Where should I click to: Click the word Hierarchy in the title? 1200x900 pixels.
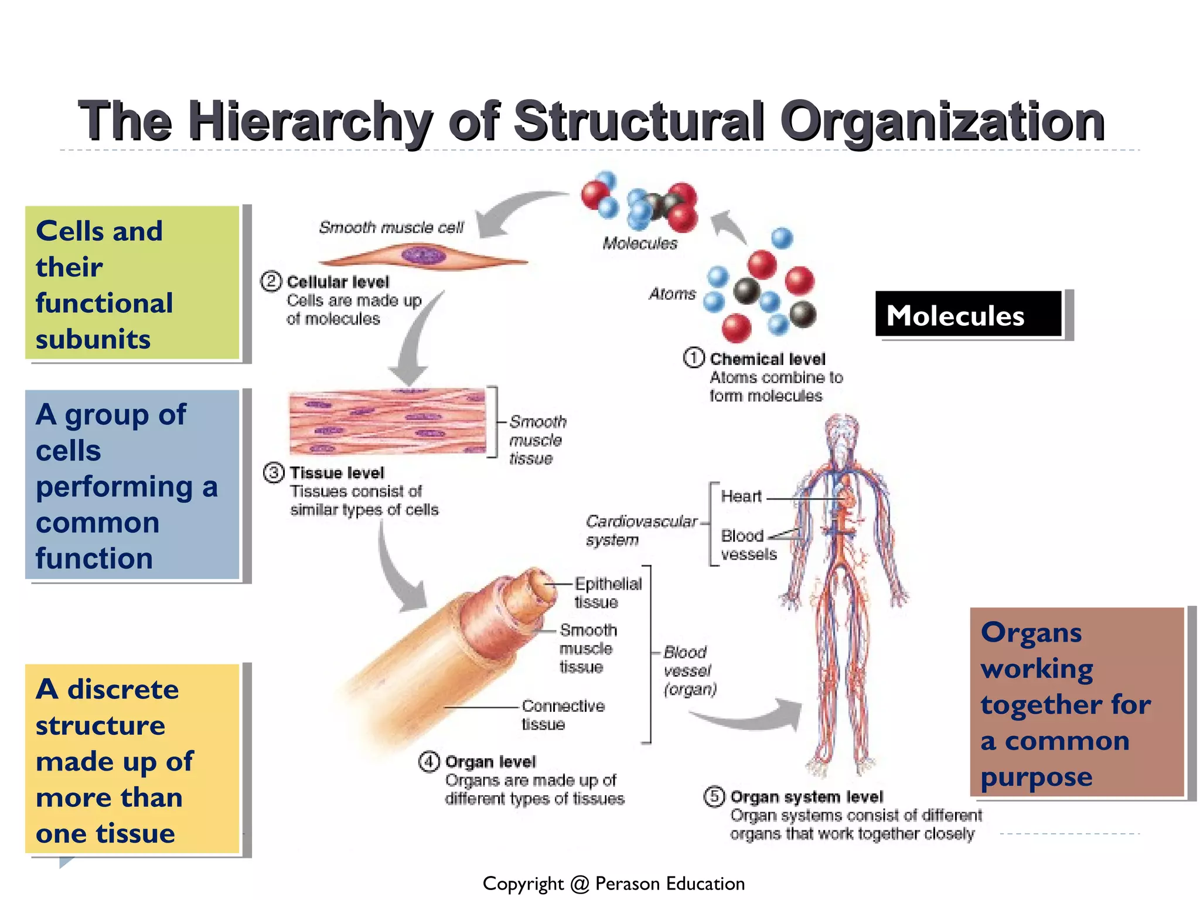click(x=311, y=121)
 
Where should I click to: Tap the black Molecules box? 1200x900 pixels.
click(x=968, y=315)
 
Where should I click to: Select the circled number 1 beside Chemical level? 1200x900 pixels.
click(x=694, y=357)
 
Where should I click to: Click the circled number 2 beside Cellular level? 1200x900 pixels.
click(x=271, y=281)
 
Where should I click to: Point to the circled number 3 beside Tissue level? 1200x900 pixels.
click(x=274, y=472)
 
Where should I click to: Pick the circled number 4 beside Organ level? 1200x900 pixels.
click(x=429, y=761)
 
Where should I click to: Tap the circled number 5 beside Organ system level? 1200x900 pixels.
click(x=714, y=796)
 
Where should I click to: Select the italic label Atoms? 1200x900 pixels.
click(x=672, y=294)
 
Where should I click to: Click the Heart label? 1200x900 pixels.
click(x=741, y=496)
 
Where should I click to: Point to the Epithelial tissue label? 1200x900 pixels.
click(x=607, y=592)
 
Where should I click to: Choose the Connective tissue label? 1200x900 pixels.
click(x=562, y=714)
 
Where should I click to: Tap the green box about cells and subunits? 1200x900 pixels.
click(x=132, y=283)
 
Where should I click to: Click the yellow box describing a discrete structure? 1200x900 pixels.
click(x=132, y=759)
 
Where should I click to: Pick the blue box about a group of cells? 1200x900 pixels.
click(x=132, y=485)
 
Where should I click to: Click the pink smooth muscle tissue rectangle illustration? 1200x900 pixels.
click(x=387, y=421)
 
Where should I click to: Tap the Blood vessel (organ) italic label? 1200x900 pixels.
click(x=688, y=670)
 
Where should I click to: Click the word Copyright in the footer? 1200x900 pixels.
click(x=523, y=883)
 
